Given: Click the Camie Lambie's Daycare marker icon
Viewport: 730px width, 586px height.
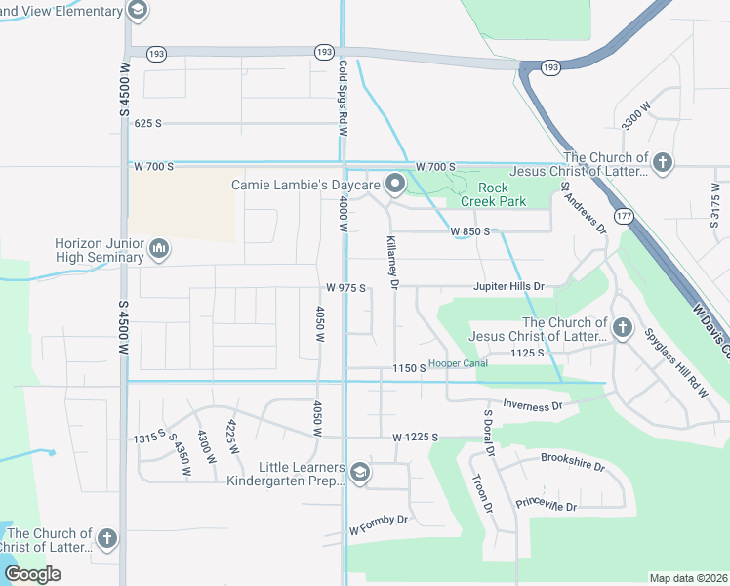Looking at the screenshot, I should tap(395, 184).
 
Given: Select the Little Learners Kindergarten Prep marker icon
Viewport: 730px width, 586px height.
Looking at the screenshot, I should tap(359, 474).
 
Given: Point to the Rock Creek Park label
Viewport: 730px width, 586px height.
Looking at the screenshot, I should tap(501, 194).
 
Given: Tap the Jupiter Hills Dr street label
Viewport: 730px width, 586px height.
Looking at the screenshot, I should tap(507, 287).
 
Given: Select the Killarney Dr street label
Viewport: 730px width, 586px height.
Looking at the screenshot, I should tap(393, 262).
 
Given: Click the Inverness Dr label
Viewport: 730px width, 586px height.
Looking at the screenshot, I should tap(533, 403).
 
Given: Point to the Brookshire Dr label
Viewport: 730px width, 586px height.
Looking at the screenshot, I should tap(573, 461).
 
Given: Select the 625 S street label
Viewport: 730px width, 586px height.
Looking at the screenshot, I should tap(148, 123).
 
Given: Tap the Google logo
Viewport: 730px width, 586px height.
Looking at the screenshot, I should tap(32, 573).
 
